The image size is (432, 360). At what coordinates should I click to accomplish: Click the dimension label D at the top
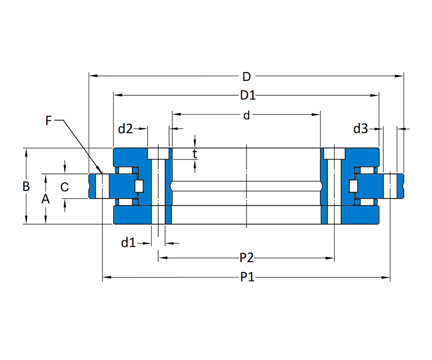(x=247, y=76)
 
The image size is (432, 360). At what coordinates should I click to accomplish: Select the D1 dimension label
(x=248, y=96)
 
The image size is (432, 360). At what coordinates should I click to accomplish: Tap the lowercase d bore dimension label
(x=247, y=115)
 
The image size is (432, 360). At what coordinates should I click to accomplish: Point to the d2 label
(x=125, y=129)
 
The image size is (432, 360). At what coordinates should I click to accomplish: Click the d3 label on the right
(x=361, y=129)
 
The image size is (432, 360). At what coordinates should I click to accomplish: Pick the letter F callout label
(x=48, y=121)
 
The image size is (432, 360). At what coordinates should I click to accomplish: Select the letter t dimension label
(x=195, y=154)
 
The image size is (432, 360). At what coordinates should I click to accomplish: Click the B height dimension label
(x=26, y=186)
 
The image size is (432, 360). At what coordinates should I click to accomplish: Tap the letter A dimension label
(x=45, y=199)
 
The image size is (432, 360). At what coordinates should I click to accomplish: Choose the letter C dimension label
(x=64, y=187)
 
